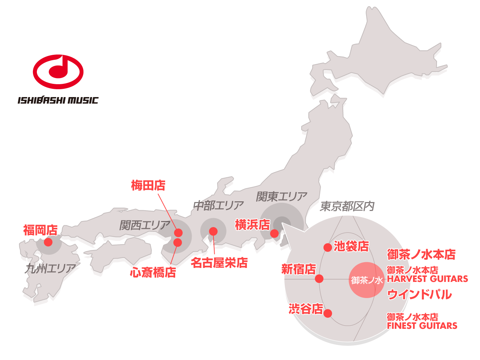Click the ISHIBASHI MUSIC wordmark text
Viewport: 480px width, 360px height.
(x=58, y=100)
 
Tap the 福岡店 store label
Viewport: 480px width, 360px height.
(x=40, y=230)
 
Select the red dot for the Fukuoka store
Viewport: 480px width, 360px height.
(x=48, y=242)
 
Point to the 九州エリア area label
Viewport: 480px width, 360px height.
(x=50, y=268)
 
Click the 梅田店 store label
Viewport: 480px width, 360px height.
(x=148, y=186)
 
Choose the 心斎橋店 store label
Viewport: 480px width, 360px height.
(x=153, y=272)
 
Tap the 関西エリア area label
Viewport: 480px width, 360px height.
(x=144, y=225)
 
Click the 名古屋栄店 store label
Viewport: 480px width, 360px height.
(x=219, y=263)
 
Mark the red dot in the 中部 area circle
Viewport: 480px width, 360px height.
(x=213, y=231)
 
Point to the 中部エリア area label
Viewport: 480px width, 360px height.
(x=218, y=206)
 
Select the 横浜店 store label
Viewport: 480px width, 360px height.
(x=252, y=225)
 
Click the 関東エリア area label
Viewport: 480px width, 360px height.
(x=282, y=196)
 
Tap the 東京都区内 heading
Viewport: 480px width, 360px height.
(x=347, y=206)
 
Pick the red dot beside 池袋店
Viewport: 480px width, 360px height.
(x=327, y=248)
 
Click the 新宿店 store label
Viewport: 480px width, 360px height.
(x=298, y=269)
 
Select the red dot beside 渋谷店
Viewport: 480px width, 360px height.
(x=327, y=313)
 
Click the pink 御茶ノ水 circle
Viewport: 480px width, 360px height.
(x=366, y=280)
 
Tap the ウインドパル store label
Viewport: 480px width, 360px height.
(x=419, y=294)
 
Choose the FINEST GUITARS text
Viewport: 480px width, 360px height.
(x=422, y=326)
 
